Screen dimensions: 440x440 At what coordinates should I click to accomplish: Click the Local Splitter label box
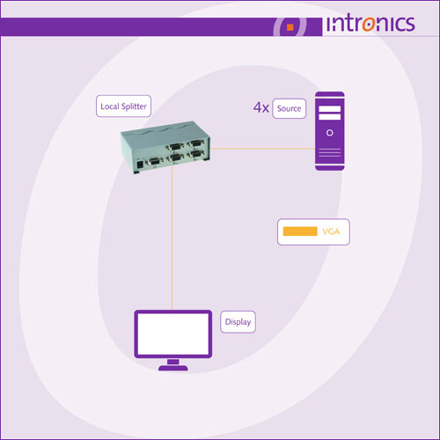click(123, 106)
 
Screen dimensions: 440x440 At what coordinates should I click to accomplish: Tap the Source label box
click(290, 108)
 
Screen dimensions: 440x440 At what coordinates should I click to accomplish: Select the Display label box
click(238, 322)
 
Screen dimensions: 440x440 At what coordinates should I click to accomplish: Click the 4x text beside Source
click(261, 107)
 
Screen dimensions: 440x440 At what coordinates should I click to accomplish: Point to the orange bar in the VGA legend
click(300, 231)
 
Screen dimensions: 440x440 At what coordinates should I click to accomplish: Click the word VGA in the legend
click(331, 231)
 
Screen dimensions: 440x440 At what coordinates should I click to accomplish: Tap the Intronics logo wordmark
click(370, 24)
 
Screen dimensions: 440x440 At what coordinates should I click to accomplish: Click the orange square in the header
click(290, 27)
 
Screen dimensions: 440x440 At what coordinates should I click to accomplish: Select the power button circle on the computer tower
click(330, 133)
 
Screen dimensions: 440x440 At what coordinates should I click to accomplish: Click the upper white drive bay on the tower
click(330, 109)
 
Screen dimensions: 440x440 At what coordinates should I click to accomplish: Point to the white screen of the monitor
click(173, 334)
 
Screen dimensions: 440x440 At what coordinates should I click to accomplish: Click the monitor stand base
click(173, 368)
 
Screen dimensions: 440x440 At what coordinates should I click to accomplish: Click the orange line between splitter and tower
click(263, 149)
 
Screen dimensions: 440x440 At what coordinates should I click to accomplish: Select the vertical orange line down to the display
click(172, 238)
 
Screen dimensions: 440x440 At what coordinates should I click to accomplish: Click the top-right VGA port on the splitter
click(195, 143)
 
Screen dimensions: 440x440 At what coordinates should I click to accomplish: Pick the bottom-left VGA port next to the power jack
click(155, 161)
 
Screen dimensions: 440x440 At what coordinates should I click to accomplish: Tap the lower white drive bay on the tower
click(330, 117)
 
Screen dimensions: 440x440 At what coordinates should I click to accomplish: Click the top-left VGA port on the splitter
click(174, 146)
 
